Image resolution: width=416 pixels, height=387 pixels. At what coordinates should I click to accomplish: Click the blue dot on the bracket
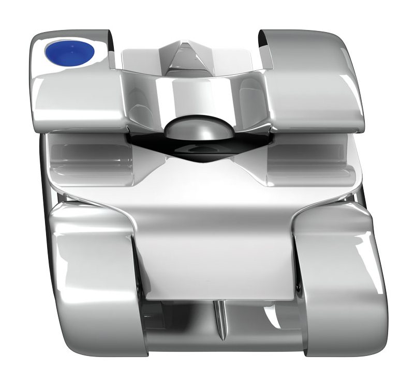click(70, 52)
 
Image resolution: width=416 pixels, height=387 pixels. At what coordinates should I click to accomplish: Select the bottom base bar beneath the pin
click(222, 349)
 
